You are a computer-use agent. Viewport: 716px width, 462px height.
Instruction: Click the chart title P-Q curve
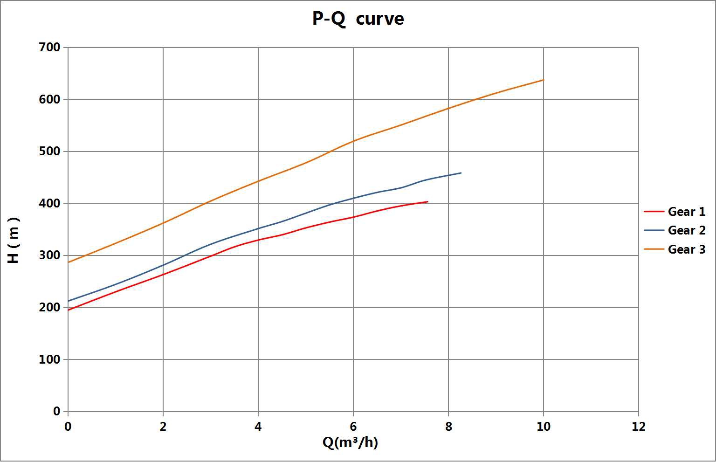358,19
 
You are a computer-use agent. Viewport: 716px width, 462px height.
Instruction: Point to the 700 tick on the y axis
50,48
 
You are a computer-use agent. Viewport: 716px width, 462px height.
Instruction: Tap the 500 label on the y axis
50,152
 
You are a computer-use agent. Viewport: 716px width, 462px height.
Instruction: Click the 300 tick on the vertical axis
50,255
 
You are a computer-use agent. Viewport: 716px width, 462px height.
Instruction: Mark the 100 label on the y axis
50,359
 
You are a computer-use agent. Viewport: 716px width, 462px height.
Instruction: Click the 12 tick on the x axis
639,426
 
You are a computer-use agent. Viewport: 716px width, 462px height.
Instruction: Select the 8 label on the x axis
448,426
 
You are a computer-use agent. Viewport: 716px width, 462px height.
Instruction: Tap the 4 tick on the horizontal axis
258,426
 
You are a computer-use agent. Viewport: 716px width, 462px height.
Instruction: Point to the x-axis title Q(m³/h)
350,442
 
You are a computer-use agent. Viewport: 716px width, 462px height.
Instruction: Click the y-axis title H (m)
14,240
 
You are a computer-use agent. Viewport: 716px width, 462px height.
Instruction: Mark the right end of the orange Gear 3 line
544,80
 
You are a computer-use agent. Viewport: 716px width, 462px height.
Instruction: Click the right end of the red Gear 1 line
427,202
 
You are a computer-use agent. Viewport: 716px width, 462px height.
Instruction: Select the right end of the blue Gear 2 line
461,173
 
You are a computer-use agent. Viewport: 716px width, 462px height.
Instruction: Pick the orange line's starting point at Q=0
69,262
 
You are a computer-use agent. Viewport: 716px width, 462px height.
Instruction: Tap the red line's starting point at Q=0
69,310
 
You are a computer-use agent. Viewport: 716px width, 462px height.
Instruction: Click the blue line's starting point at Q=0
69,301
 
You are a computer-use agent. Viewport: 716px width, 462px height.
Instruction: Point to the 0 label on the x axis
68,426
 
